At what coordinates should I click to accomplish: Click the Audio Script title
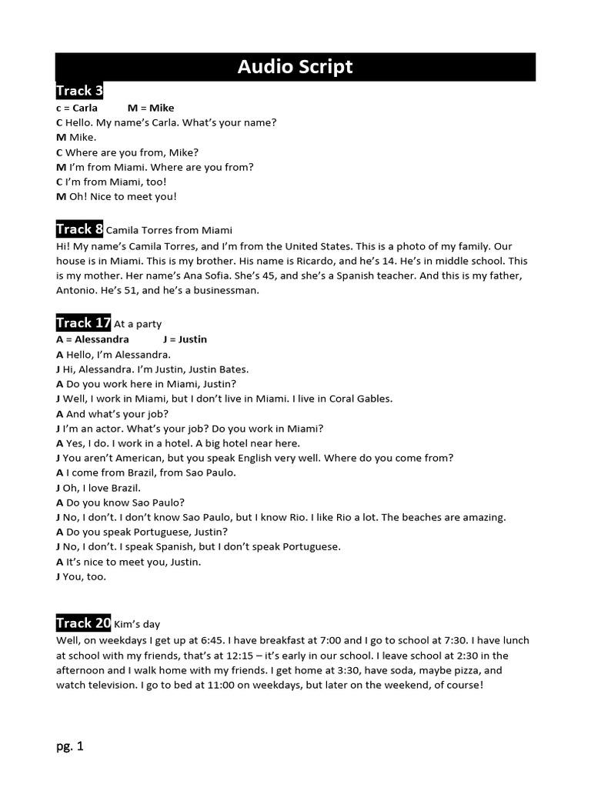295,67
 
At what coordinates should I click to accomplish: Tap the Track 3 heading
79,91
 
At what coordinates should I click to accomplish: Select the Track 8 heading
79,229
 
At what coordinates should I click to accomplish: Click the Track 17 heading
83,323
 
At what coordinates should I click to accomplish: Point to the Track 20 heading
83,623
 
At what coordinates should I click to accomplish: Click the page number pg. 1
69,746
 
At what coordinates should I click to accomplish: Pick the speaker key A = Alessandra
92,339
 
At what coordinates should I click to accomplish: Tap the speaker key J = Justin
185,339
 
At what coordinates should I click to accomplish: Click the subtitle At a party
138,324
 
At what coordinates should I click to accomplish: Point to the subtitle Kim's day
137,624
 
